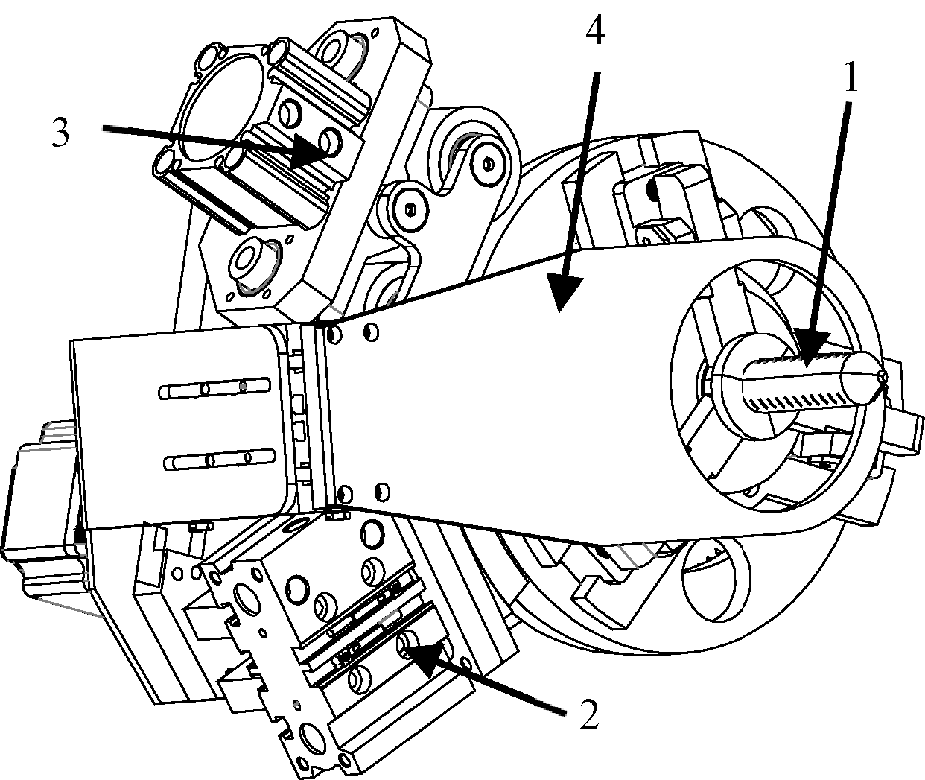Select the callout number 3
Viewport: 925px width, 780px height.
(x=60, y=133)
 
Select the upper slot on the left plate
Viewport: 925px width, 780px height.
(x=214, y=388)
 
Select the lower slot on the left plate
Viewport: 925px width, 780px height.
(x=220, y=460)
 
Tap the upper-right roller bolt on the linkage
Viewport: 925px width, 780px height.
(x=489, y=165)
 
